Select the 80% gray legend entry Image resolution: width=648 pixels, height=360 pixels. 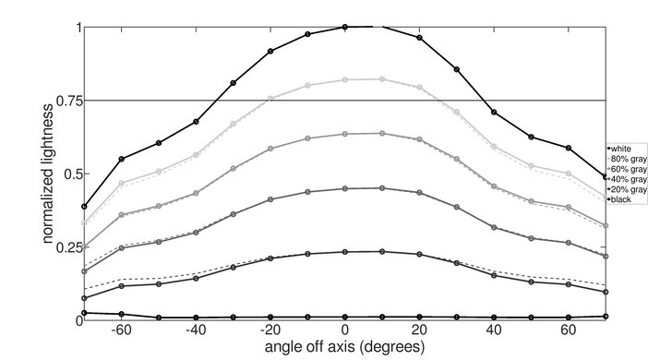[x=625, y=158]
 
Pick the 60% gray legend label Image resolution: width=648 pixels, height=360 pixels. [x=625, y=169]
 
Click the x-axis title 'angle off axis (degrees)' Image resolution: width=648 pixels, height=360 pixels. [x=345, y=348]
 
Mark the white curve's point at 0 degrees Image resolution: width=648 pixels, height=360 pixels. [x=345, y=27]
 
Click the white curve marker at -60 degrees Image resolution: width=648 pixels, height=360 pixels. [x=122, y=159]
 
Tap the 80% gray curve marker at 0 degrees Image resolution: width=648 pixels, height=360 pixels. [x=345, y=80]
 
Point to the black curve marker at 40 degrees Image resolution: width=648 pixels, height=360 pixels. [x=495, y=317]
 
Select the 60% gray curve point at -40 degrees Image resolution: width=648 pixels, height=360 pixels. [x=196, y=193]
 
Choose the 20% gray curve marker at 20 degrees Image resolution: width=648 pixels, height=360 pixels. [x=420, y=254]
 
